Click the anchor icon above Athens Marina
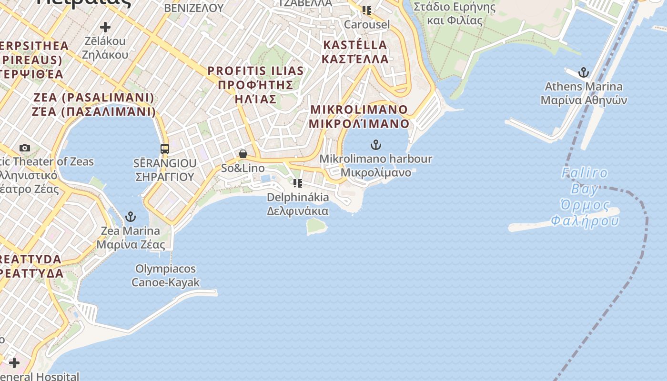pos(584,73)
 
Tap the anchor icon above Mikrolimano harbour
pos(376,145)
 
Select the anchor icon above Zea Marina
pos(130,217)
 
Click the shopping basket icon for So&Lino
pos(243,154)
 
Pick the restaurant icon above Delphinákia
pos(298,183)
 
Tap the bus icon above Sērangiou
pos(165,149)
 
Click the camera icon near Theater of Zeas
pos(25,148)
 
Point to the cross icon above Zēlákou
pos(105,27)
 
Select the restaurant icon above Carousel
pos(366,10)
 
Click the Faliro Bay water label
pos(585,197)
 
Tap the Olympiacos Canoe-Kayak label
pos(165,275)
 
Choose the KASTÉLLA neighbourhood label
pos(355,52)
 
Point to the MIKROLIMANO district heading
pos(359,116)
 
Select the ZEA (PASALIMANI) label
pos(94,104)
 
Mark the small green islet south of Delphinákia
pos(316,226)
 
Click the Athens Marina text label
pos(584,93)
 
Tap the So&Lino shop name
pos(243,168)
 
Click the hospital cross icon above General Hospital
pos(14,363)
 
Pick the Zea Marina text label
pos(131,238)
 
